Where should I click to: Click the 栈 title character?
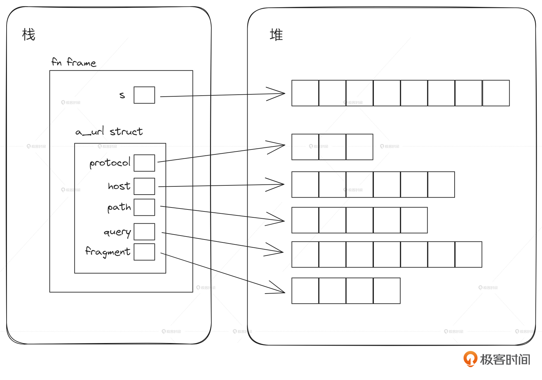(x=29, y=35)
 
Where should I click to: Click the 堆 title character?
(x=276, y=35)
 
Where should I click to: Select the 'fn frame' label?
(x=74, y=62)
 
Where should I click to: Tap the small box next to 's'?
(x=144, y=95)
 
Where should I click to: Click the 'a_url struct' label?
(x=109, y=132)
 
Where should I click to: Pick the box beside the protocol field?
(x=144, y=163)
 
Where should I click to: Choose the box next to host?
(x=144, y=186)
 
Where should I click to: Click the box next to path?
(x=144, y=207)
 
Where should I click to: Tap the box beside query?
(x=144, y=232)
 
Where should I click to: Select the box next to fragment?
(x=144, y=252)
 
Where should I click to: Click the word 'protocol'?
(x=110, y=163)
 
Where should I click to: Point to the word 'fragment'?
(x=108, y=252)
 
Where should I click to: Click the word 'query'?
(x=117, y=232)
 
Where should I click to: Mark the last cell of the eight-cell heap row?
(x=496, y=93)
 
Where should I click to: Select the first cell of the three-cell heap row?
(x=305, y=147)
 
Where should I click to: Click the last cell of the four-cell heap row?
(x=387, y=291)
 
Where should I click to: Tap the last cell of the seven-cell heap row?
(x=468, y=254)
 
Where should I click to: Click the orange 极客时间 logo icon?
(x=470, y=359)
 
